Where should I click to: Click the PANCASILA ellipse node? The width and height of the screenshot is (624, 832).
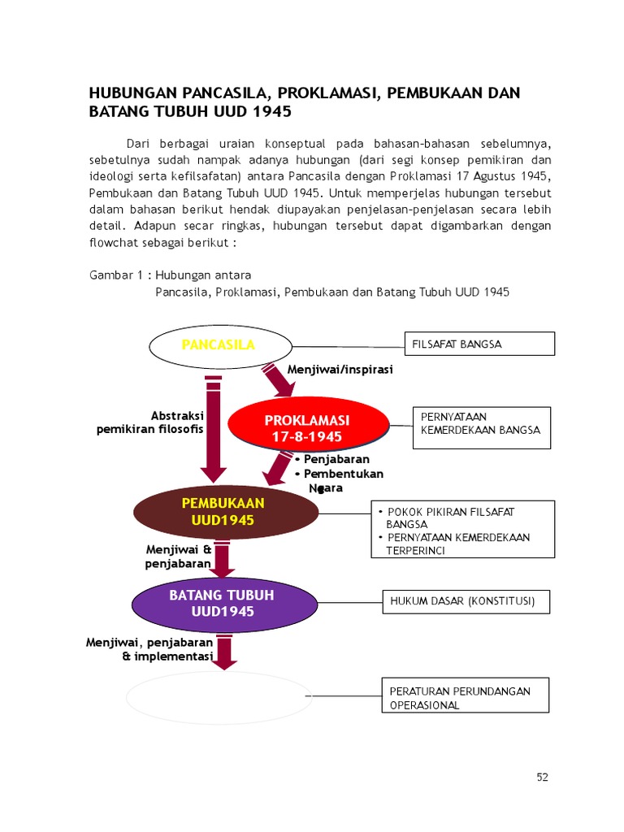[218, 345]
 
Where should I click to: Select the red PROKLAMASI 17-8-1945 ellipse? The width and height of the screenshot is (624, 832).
[305, 428]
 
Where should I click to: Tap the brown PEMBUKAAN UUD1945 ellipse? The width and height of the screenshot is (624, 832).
[226, 512]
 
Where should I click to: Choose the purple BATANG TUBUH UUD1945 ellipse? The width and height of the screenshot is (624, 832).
[222, 603]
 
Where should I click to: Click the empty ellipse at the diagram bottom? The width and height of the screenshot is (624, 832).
[219, 697]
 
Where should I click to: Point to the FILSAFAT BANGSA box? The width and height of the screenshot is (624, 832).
[480, 344]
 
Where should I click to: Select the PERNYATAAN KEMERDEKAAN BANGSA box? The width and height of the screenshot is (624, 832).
[482, 428]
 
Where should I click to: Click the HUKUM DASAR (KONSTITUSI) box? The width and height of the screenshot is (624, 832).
[466, 602]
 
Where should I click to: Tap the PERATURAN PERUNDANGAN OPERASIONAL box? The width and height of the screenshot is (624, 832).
[465, 698]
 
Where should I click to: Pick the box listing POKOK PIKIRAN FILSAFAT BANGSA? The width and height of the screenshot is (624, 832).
[463, 530]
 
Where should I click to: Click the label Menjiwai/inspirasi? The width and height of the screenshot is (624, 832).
[340, 370]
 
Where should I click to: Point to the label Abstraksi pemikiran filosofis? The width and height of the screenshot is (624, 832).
[150, 422]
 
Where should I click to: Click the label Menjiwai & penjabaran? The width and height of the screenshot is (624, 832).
[179, 556]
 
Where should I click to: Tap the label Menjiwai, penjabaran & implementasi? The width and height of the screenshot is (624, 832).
[149, 649]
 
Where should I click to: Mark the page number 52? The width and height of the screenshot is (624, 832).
[543, 777]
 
